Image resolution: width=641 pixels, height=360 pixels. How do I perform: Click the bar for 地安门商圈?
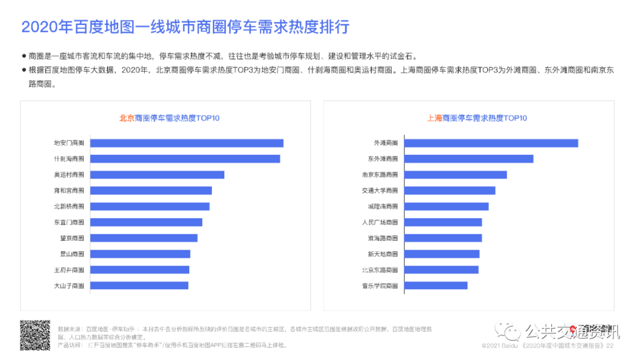click(186, 143)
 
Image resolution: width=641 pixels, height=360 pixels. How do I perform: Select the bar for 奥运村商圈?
click(157, 174)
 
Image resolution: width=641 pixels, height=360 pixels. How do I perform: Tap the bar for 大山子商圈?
click(139, 285)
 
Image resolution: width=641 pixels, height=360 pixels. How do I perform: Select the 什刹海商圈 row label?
click(69, 159)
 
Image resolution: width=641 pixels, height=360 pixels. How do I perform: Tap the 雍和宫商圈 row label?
click(69, 190)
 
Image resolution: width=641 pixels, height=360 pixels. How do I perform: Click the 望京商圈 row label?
click(72, 238)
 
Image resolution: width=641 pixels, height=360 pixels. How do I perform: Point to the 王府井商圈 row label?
click(69, 270)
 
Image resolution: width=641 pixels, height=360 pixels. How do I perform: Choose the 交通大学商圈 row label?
click(380, 190)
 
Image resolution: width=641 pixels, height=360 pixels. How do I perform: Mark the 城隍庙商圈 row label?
click(383, 206)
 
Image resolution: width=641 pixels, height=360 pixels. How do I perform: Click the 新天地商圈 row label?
click(383, 254)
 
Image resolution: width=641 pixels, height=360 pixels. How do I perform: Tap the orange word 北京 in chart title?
click(127, 118)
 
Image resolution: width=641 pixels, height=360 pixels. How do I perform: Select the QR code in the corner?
click(35, 335)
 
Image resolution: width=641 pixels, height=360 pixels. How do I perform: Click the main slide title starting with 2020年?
click(185, 27)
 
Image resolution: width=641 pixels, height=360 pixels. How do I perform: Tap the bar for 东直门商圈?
click(146, 222)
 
